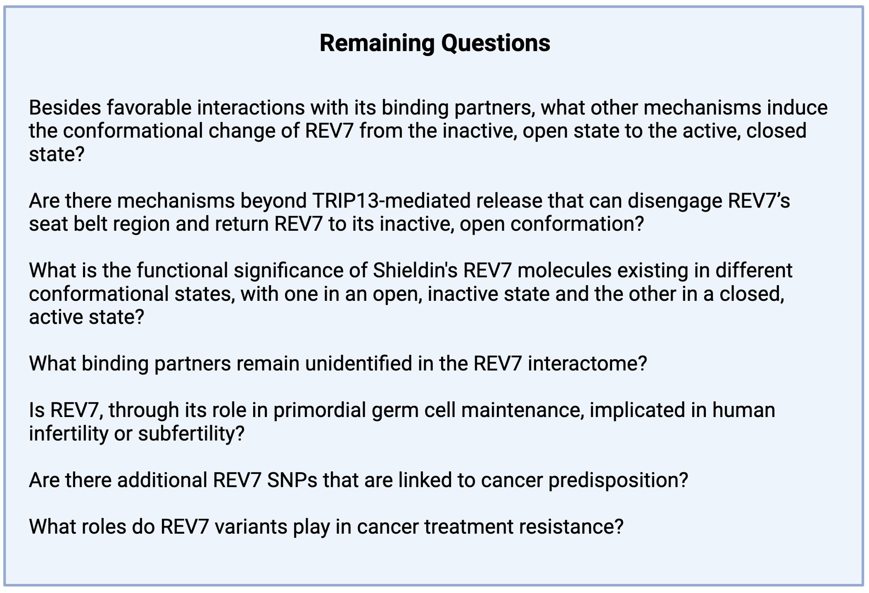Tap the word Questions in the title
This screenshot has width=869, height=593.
click(496, 43)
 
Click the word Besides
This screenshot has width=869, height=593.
click(65, 107)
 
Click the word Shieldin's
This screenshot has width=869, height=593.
click(415, 271)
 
